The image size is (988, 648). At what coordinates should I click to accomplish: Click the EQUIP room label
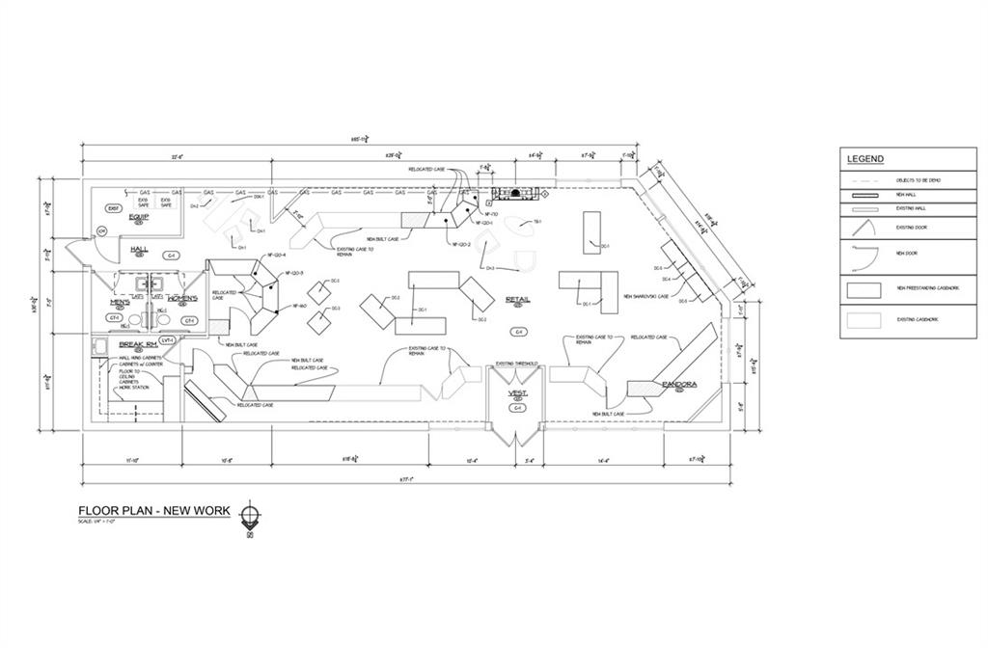(x=139, y=217)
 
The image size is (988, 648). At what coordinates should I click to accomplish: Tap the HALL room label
(x=139, y=249)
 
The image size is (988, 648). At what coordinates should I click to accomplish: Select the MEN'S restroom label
(x=121, y=301)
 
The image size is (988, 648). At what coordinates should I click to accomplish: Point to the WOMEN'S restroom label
(x=182, y=298)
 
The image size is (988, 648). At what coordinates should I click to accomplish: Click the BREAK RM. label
(x=138, y=343)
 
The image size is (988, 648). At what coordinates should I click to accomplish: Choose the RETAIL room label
(x=518, y=300)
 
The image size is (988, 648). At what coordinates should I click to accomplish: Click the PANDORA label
(x=679, y=384)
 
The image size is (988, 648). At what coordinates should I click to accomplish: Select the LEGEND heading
(x=865, y=159)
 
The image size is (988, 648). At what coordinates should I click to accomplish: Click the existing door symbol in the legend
(x=864, y=227)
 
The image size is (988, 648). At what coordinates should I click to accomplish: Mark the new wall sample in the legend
(x=864, y=195)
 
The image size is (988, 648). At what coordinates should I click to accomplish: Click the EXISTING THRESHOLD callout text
(x=516, y=364)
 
